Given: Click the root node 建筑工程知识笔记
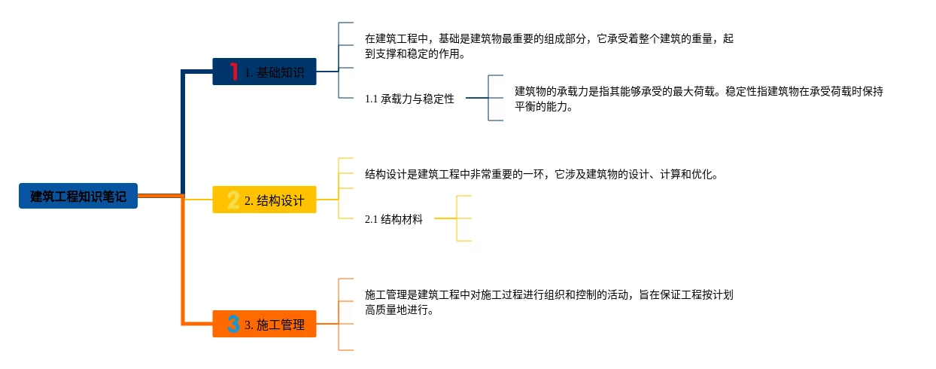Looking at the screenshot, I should [78, 197].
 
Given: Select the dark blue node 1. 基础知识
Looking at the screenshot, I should [264, 72].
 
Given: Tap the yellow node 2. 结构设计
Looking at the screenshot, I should [264, 200].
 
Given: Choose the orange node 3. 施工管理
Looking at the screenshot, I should [264, 325].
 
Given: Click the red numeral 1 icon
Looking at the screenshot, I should [234, 72].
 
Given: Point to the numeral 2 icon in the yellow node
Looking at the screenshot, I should [233, 200].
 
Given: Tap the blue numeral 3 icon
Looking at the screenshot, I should [233, 325].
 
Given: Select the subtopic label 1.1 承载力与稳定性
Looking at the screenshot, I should [409, 99].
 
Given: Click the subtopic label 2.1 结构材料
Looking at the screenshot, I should [394, 219].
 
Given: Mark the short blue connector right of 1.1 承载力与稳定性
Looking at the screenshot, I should [476, 98].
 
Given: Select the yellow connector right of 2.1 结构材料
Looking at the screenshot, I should [445, 218].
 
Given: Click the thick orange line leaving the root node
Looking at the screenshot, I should [160, 197].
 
